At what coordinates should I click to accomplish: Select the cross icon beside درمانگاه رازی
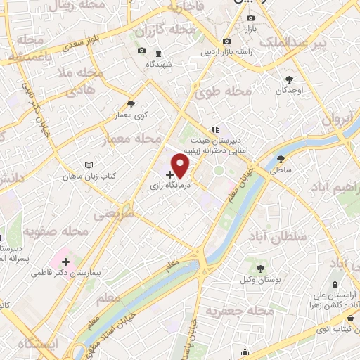pyautogui.click(x=169, y=173)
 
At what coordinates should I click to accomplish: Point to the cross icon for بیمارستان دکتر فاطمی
pyautogui.click(x=66, y=262)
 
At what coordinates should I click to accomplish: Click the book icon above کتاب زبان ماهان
pyautogui.click(x=88, y=165)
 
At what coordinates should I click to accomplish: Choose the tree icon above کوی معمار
pyautogui.click(x=131, y=105)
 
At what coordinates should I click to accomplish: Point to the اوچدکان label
pyautogui.click(x=289, y=91)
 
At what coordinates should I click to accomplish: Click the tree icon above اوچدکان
pyautogui.click(x=290, y=80)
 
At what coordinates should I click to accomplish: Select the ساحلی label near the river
pyautogui.click(x=281, y=169)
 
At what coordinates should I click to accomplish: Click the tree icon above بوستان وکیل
pyautogui.click(x=260, y=268)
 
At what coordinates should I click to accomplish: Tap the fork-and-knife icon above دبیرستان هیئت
pyautogui.click(x=215, y=129)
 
